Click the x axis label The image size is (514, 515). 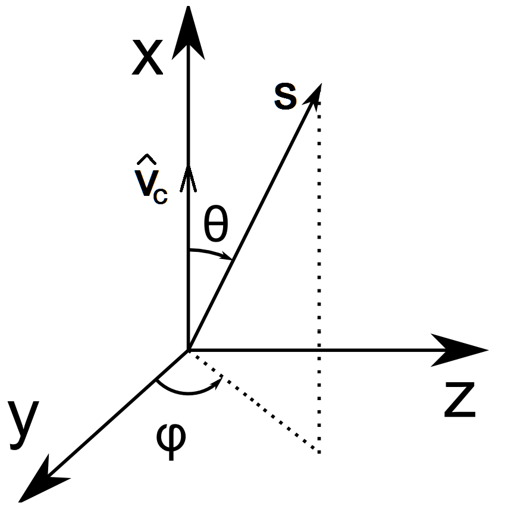pyautogui.click(x=147, y=60)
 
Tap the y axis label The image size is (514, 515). pyautogui.click(x=23, y=422)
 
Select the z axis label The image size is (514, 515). pyautogui.click(x=460, y=400)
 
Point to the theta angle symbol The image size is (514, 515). pyautogui.click(x=215, y=224)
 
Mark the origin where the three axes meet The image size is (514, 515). pyautogui.click(x=188, y=350)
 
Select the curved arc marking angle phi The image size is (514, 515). pyautogui.click(x=184, y=392)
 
